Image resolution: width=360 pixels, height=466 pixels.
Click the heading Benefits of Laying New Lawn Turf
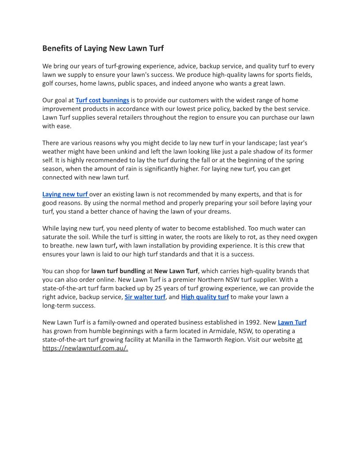pyautogui.click(x=103, y=48)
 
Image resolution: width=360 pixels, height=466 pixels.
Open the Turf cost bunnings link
pyautogui.click(x=102, y=100)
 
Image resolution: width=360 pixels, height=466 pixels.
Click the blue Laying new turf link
pyautogui.click(x=65, y=194)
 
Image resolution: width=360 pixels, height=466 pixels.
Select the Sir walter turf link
pyautogui.click(x=145, y=297)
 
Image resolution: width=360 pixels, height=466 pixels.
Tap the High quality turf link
pyautogui.click(x=205, y=297)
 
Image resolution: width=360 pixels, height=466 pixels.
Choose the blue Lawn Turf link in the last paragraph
pyautogui.click(x=292, y=322)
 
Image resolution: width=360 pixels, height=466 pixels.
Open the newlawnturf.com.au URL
pyautogui.click(x=85, y=348)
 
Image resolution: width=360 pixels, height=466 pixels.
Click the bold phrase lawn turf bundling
pyautogui.click(x=118, y=271)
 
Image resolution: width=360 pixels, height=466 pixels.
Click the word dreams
pyautogui.click(x=220, y=211)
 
